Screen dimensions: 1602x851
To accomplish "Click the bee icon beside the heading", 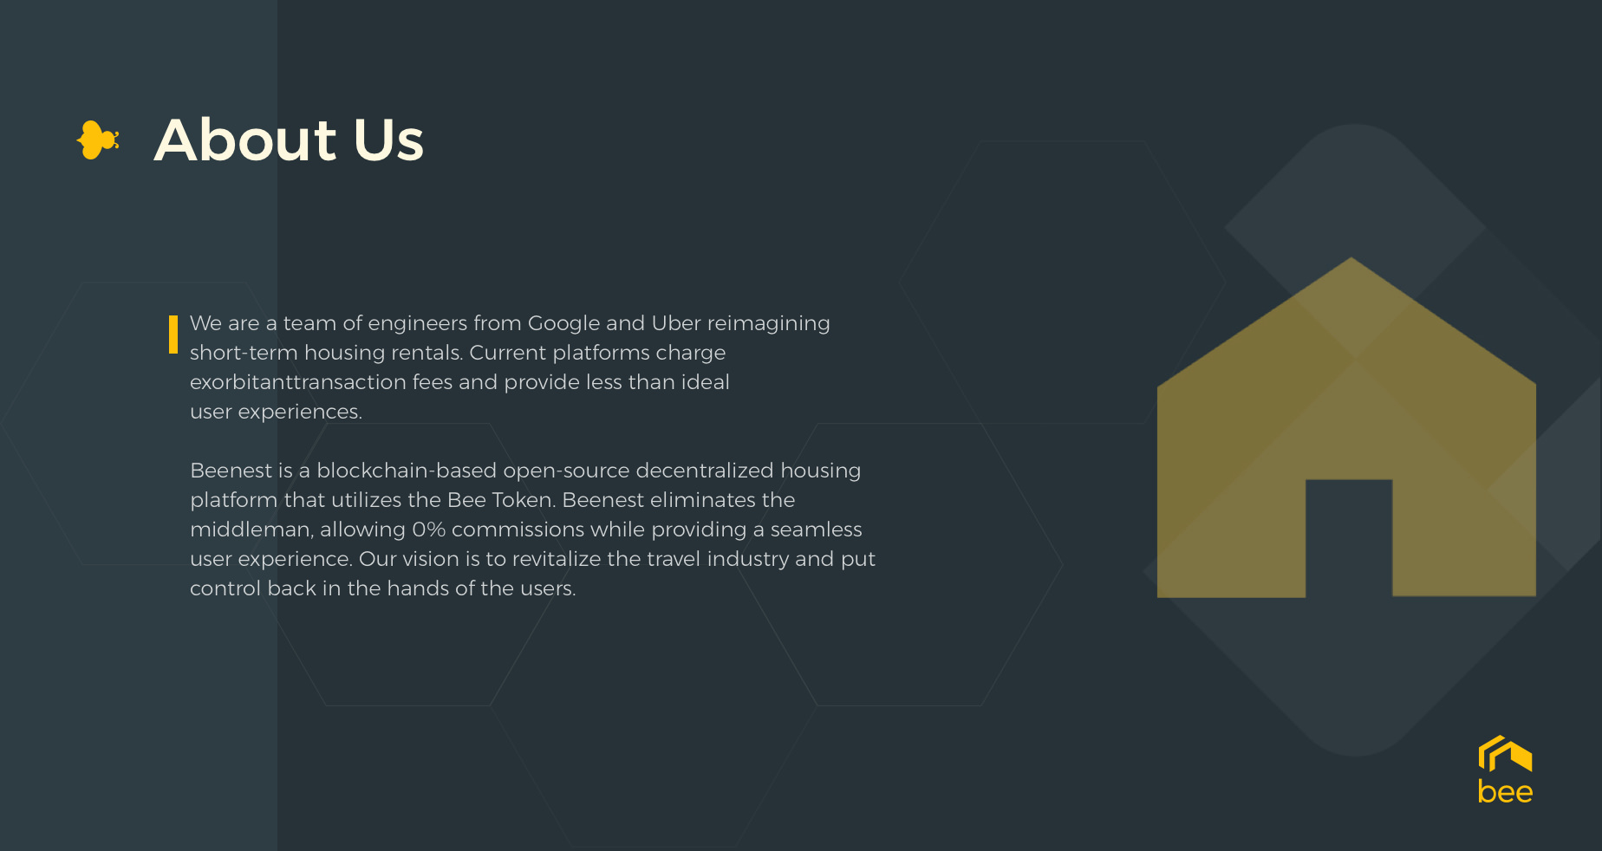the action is click(x=98, y=140).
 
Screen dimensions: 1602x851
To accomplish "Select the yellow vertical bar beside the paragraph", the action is click(x=173, y=335).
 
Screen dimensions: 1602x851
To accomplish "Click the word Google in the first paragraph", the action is click(x=563, y=324).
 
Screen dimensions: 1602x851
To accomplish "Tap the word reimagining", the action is click(x=769, y=324).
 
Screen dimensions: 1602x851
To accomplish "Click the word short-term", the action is click(x=244, y=353).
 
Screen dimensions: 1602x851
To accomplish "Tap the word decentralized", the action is click(x=704, y=471).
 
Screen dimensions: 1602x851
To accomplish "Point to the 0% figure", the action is click(x=429, y=529).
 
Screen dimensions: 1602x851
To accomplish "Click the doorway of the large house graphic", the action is click(x=1349, y=538).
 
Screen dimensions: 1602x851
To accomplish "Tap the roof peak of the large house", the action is click(x=1351, y=259).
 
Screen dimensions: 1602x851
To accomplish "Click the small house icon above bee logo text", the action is click(x=1505, y=753).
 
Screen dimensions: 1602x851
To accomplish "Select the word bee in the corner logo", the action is click(x=1505, y=792).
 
